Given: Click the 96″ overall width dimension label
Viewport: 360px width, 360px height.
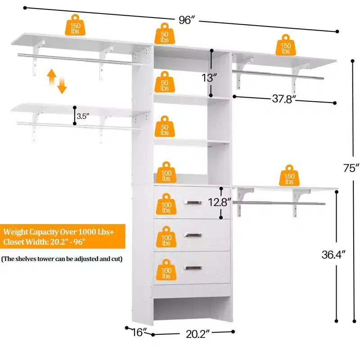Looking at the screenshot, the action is (x=187, y=20).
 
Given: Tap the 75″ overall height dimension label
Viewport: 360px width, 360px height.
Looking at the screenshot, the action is (x=351, y=168).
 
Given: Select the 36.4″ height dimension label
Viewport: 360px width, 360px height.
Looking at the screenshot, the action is (x=333, y=254).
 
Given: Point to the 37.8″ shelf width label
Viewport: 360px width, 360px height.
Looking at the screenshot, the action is (x=284, y=99).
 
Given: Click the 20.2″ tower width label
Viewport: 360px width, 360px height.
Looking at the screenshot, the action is (x=198, y=334).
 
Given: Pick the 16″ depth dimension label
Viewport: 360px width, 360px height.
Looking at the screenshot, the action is (x=139, y=332).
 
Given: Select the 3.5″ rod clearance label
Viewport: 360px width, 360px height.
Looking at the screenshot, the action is (x=83, y=116).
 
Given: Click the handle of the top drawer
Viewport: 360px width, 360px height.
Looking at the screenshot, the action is (x=193, y=202).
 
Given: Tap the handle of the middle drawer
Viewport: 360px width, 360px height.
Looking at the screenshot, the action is (x=193, y=235).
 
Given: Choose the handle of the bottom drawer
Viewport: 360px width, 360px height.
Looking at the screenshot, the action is (x=193, y=268).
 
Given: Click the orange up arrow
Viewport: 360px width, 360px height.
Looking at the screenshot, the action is (x=52, y=77).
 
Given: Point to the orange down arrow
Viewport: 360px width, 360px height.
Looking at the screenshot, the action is (x=62, y=85).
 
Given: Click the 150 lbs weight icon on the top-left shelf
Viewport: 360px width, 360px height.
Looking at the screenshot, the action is (x=75, y=25).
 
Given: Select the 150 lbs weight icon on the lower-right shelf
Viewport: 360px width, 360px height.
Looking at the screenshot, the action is (x=289, y=175).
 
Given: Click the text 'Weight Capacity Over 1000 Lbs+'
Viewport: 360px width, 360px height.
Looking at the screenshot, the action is (x=58, y=232).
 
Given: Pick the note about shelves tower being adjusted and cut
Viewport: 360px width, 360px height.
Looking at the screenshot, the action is (x=62, y=259).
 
